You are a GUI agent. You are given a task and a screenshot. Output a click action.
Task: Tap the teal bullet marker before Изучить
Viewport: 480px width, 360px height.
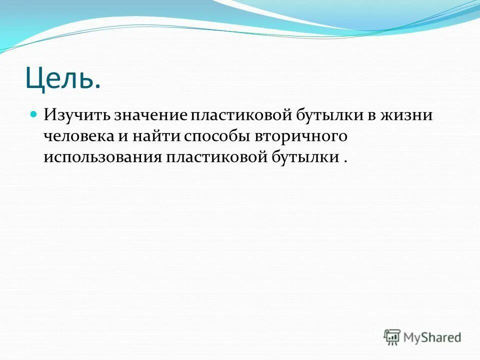click(x=34, y=114)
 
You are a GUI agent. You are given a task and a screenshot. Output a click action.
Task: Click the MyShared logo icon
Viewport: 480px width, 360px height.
click(x=392, y=337)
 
